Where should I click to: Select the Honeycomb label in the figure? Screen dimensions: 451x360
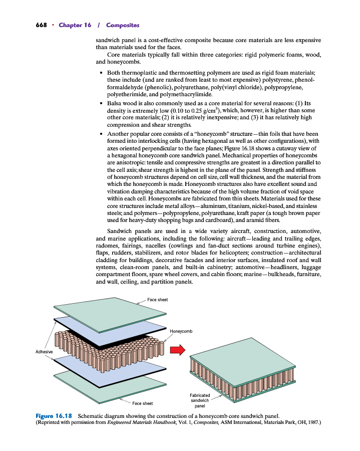pyautogui.click(x=181, y=331)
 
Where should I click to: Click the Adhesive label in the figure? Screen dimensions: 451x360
pyautogui.click(x=44, y=352)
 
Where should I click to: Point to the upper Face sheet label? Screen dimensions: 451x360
pyautogui.click(x=157, y=300)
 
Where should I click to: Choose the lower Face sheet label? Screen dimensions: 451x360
pyautogui.click(x=143, y=403)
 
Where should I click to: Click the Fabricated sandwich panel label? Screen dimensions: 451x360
pyautogui.click(x=200, y=400)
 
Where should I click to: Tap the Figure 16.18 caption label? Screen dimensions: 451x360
pyautogui.click(x=54, y=416)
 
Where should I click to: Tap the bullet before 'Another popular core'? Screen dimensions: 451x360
pyautogui.click(x=102, y=134)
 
